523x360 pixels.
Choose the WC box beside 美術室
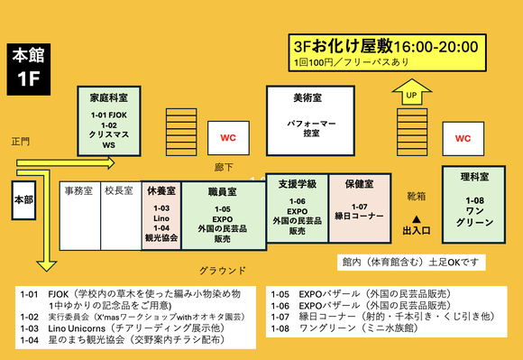[x=229, y=137]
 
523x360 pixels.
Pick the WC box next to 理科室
[x=463, y=138]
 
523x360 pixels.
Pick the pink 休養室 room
[x=161, y=216]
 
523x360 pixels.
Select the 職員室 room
[x=223, y=216]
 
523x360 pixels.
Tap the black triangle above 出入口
[x=417, y=218]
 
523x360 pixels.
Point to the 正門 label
[x=21, y=142]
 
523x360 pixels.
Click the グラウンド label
[x=223, y=270]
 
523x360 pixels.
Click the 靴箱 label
[x=417, y=195]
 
